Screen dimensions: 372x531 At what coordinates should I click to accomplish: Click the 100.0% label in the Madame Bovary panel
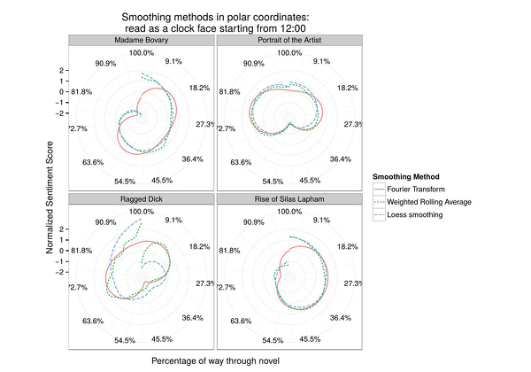point(142,53)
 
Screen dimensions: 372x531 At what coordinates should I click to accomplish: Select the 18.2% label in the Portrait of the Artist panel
point(346,88)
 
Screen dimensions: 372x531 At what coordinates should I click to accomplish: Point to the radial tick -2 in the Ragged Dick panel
point(62,271)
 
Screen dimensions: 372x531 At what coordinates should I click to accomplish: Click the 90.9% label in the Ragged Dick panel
point(105,221)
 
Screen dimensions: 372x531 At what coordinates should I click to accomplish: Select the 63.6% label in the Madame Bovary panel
point(95,162)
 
